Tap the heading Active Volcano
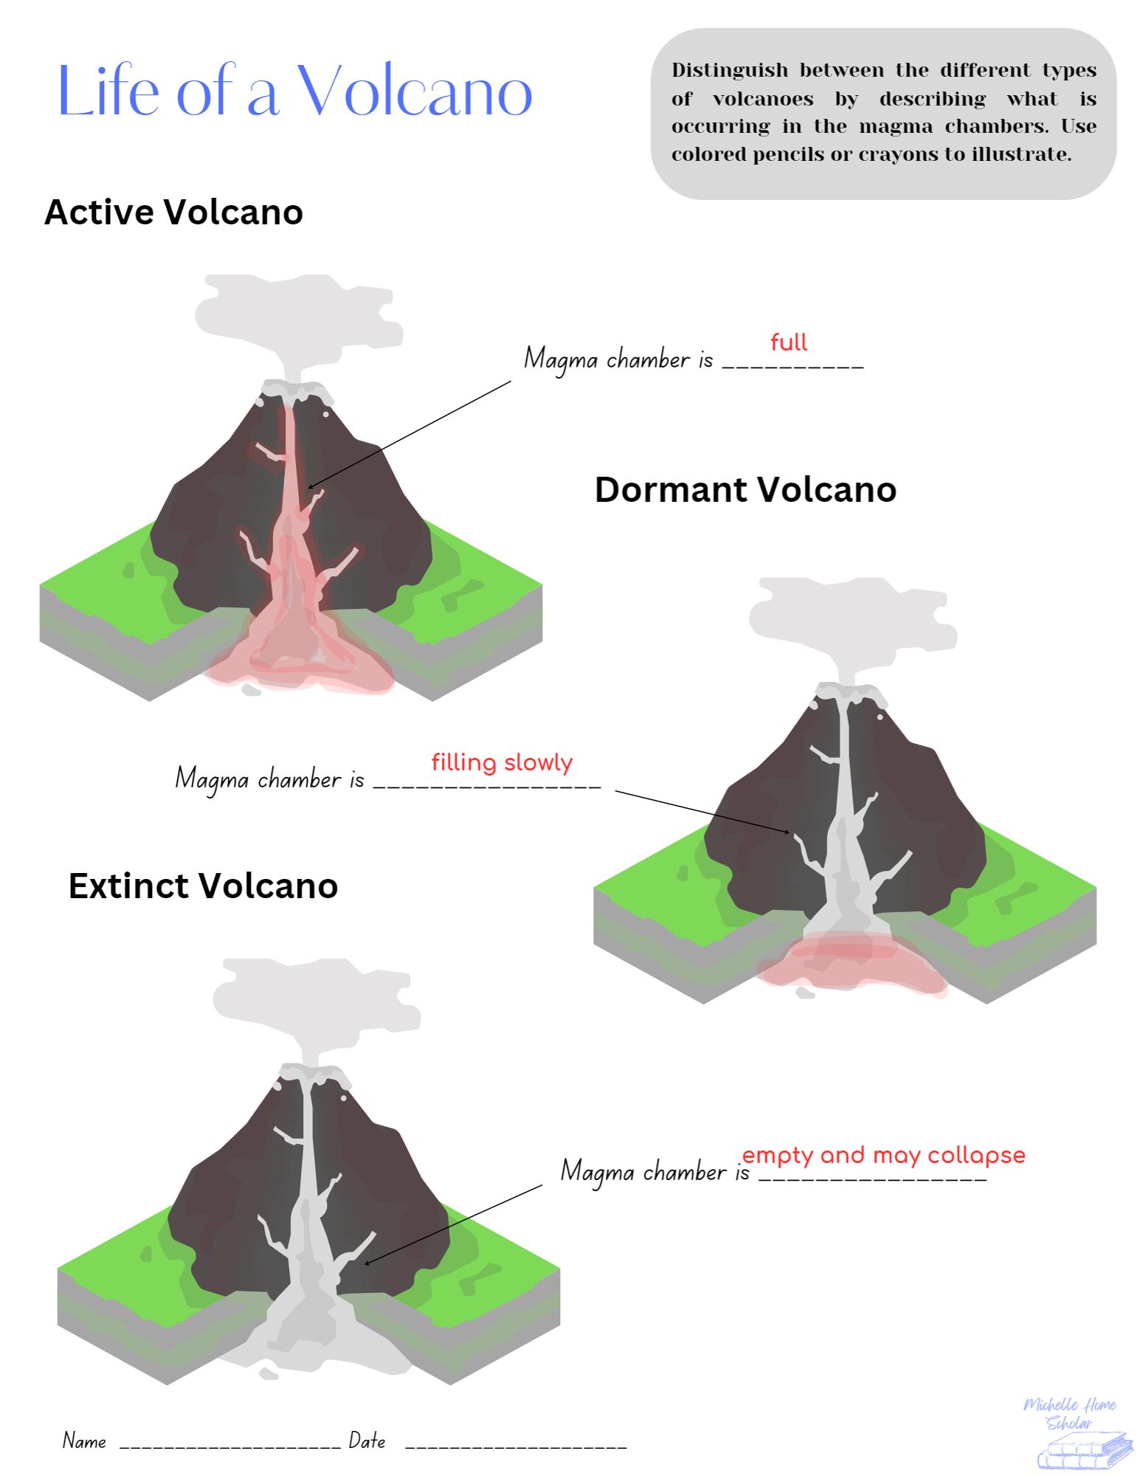173,213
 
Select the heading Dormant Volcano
745,490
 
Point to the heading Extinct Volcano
203,886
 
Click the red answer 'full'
788,342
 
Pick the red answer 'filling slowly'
502,762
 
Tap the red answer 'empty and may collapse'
883,1155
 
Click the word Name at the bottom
84,1441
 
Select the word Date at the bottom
367,1441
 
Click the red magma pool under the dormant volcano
852,959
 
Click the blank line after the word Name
229,1445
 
